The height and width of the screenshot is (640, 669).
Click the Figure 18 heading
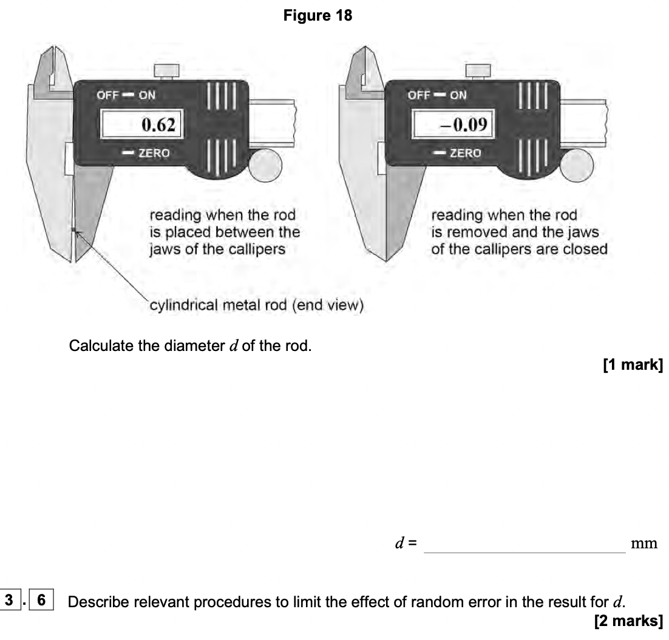pyautogui.click(x=318, y=16)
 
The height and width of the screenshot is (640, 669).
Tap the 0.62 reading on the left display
pyautogui.click(x=158, y=126)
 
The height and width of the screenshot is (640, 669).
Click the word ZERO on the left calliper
pyautogui.click(x=154, y=154)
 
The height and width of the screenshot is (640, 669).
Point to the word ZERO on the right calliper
pyautogui.click(x=464, y=153)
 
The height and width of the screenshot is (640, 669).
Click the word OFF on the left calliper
pyautogui.click(x=107, y=95)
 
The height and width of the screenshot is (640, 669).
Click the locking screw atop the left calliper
pyautogui.click(x=165, y=71)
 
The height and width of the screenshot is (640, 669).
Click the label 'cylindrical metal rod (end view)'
pyautogui.click(x=256, y=305)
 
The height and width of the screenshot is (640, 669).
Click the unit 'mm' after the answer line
pyautogui.click(x=644, y=544)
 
